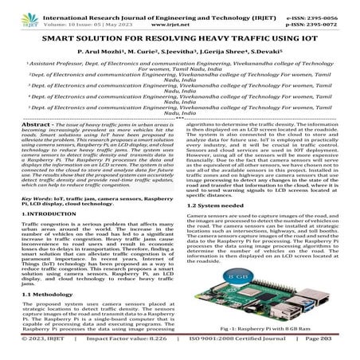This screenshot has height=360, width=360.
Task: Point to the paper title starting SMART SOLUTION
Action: (179, 37)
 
